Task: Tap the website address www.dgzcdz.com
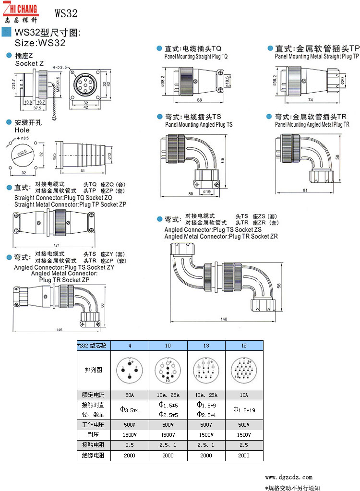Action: click(x=288, y=477)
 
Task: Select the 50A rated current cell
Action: click(x=130, y=395)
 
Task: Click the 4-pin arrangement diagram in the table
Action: click(x=130, y=370)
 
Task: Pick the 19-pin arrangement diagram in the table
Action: click(x=244, y=370)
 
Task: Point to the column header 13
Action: click(x=206, y=346)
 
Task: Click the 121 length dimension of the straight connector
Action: click(x=50, y=245)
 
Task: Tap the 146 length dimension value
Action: click(x=60, y=330)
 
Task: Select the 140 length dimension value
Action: click(x=224, y=319)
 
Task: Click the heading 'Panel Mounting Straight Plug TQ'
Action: click(x=196, y=56)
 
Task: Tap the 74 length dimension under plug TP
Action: click(x=310, y=100)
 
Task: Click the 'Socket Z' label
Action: click(x=29, y=63)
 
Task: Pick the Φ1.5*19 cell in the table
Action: click(x=244, y=409)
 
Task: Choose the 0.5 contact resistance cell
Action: click(x=130, y=445)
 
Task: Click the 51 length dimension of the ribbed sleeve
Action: click(x=82, y=170)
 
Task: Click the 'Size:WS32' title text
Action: click(x=40, y=43)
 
